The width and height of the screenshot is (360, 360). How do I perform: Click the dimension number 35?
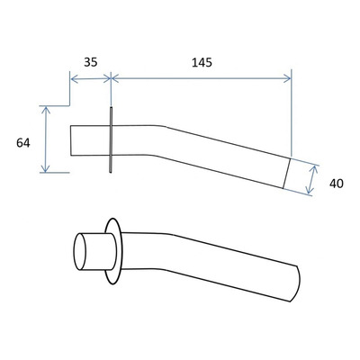(91, 62)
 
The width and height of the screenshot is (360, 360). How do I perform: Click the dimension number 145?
(202, 62)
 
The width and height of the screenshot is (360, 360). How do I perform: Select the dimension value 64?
(23, 143)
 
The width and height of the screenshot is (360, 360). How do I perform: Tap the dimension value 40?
(337, 184)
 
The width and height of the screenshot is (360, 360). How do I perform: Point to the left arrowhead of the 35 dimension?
(74, 79)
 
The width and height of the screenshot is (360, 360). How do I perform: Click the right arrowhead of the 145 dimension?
(287, 79)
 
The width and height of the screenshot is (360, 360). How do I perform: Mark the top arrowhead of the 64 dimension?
(45, 111)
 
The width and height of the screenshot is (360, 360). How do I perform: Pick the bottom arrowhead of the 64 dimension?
(45, 168)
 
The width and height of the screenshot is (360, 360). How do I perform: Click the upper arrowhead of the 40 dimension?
(313, 169)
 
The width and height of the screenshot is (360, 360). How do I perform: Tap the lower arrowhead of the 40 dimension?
(310, 189)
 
